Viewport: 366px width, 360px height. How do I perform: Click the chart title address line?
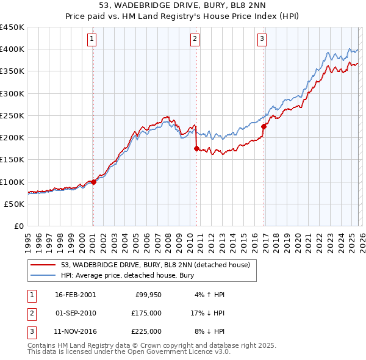point(182,5)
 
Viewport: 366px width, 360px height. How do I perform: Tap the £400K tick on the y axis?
point(12,49)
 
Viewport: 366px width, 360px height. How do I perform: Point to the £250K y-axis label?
point(12,115)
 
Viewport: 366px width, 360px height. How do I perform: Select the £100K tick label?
point(12,182)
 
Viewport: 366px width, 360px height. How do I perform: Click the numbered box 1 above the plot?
point(92,40)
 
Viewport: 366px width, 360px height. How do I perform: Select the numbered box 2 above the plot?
point(195,40)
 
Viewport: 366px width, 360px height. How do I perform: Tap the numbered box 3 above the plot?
point(262,40)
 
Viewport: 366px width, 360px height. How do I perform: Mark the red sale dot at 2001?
point(93,182)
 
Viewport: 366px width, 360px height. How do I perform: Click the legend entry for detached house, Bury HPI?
point(127,276)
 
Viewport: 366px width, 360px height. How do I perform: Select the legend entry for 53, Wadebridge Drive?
point(155,265)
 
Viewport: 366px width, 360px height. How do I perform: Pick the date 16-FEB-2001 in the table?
point(75,295)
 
